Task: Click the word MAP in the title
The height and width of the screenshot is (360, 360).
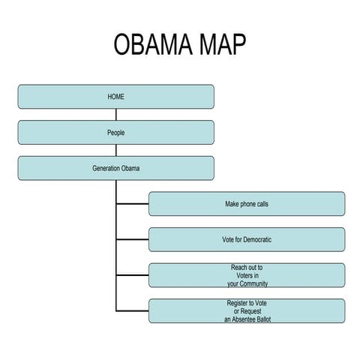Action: [220, 46]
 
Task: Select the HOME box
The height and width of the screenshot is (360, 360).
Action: [115, 97]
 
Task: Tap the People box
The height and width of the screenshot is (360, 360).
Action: [115, 133]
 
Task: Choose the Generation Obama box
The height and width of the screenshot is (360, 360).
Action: [115, 168]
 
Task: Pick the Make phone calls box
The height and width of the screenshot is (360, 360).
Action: [247, 204]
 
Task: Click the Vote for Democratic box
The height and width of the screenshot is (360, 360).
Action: [247, 240]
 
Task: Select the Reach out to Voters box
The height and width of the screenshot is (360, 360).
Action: [247, 275]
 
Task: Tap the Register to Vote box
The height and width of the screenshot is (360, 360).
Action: [247, 310]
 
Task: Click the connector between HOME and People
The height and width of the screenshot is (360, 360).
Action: [115, 115]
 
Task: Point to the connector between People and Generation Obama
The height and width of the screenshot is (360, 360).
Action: [115, 150]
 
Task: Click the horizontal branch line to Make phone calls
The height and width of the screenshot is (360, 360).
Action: [132, 204]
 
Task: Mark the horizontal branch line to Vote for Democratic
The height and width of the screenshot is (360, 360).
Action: [132, 240]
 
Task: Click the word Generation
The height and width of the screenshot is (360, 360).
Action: [106, 168]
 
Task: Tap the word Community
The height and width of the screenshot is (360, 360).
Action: [253, 283]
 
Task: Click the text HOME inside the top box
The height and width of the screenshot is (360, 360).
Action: [115, 97]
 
